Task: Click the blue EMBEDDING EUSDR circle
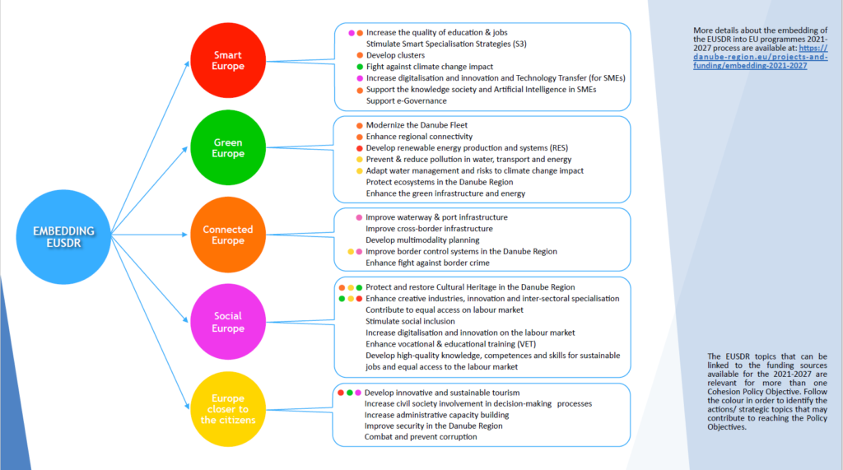tap(63, 236)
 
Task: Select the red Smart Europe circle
tap(228, 60)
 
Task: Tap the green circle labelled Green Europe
tap(228, 147)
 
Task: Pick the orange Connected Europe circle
tap(228, 235)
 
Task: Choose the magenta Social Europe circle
tap(228, 322)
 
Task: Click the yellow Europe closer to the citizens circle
tap(228, 409)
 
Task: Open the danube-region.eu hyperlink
tap(760, 57)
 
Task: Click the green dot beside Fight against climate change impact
tap(360, 67)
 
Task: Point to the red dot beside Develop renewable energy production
tap(360, 148)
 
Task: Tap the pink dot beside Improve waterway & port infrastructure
tap(359, 218)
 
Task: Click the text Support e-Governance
tap(407, 100)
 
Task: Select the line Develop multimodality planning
tap(422, 240)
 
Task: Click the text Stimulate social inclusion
tap(410, 321)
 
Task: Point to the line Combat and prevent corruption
tap(421, 436)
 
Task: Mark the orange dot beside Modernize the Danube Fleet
tap(360, 126)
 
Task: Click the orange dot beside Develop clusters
tap(360, 55)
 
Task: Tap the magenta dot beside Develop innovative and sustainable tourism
tap(358, 393)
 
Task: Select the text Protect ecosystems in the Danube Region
tap(440, 182)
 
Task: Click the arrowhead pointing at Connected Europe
tap(184, 235)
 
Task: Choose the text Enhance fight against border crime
tap(427, 263)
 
